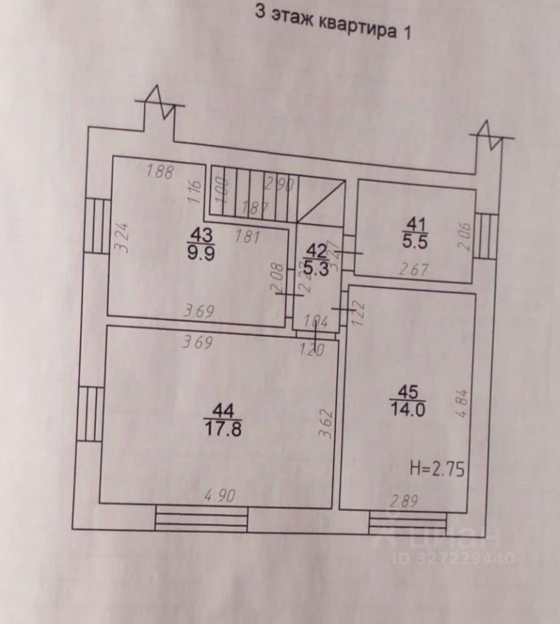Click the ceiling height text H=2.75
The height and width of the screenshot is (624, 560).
coord(438,469)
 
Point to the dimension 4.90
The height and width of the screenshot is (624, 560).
coord(219,495)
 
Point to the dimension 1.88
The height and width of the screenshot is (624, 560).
coord(160,172)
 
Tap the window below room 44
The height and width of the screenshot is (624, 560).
coord(202,519)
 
